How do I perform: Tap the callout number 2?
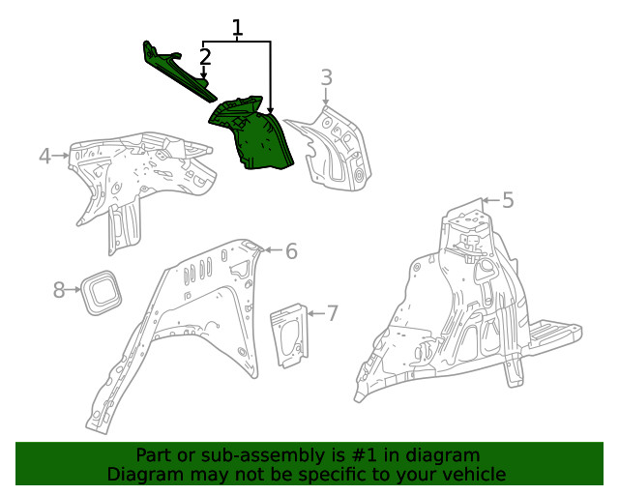point(205,58)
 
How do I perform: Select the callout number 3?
point(327,77)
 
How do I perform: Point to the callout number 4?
point(44,156)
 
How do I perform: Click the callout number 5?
point(507,201)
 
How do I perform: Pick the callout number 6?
point(290,251)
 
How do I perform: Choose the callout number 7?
point(332,313)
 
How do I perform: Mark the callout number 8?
point(59,289)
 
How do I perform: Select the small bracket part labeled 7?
point(289,335)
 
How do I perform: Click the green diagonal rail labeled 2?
point(179,73)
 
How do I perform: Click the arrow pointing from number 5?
point(487,201)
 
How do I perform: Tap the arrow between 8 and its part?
point(73,289)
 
